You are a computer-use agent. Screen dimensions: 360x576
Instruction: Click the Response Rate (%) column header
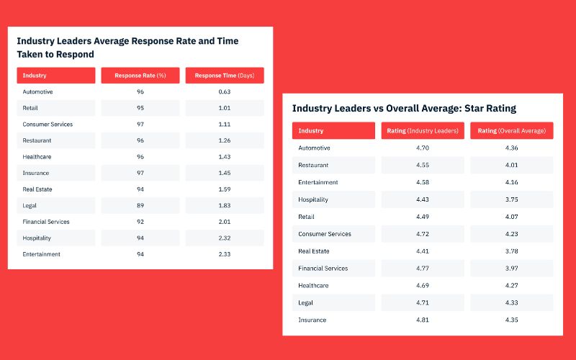pos(140,76)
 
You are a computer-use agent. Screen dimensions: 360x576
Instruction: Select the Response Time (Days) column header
pos(225,76)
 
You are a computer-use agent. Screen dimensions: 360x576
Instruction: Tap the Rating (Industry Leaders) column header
pos(422,131)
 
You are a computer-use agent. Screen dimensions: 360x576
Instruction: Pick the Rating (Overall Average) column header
pos(512,131)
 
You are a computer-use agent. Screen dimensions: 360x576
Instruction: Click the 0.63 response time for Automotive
pos(225,92)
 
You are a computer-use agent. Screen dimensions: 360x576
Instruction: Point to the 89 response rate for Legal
pos(140,206)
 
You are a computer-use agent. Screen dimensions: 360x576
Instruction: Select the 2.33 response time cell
pos(225,254)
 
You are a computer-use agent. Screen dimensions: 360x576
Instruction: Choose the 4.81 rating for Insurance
pos(422,320)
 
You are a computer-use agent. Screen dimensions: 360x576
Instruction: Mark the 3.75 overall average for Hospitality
pos(512,199)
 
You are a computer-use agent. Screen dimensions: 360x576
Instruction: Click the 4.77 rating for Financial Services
pos(422,269)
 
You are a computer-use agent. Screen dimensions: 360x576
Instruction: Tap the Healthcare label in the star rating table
pos(314,285)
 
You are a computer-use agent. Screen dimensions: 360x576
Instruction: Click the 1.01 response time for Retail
pos(225,108)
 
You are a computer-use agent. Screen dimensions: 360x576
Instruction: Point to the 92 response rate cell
pos(140,222)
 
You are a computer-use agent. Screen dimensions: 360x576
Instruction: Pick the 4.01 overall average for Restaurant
pos(512,165)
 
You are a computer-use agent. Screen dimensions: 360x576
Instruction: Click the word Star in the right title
pos(474,108)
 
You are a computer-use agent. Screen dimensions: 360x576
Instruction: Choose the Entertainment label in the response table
pos(41,254)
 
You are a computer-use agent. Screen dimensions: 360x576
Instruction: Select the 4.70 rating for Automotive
pos(422,148)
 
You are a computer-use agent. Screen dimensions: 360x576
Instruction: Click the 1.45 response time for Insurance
pos(225,173)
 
